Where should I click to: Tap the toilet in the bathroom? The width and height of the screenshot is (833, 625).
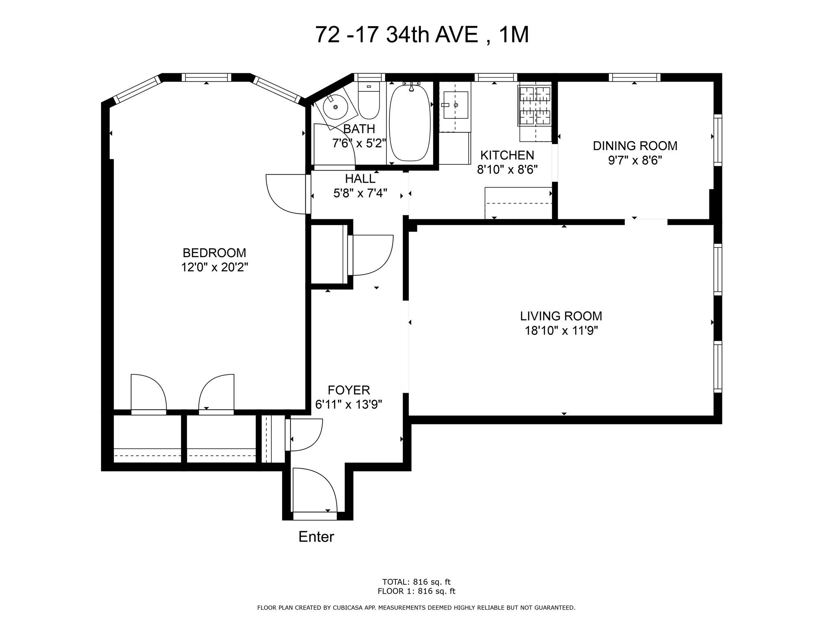click(x=369, y=102)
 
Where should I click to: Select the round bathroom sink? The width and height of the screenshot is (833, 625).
click(x=335, y=107)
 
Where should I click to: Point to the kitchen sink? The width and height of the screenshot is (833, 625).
click(x=456, y=105)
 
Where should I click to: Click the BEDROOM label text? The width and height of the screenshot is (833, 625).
click(x=214, y=253)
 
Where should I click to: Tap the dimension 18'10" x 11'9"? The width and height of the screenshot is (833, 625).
click(x=561, y=330)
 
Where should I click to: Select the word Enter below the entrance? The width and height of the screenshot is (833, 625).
click(x=316, y=537)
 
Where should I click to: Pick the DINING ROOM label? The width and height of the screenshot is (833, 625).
click(x=635, y=146)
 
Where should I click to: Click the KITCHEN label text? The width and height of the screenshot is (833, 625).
click(x=507, y=155)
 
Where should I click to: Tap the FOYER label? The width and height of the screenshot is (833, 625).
click(x=349, y=390)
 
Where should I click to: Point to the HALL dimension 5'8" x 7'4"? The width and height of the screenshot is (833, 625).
click(x=360, y=193)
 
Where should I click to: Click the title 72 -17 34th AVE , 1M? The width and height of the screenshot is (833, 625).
click(x=422, y=35)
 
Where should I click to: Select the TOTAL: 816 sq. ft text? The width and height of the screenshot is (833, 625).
click(x=416, y=582)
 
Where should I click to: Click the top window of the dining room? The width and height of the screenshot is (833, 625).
click(x=634, y=77)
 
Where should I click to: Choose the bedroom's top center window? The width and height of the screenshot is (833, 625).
click(x=206, y=77)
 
